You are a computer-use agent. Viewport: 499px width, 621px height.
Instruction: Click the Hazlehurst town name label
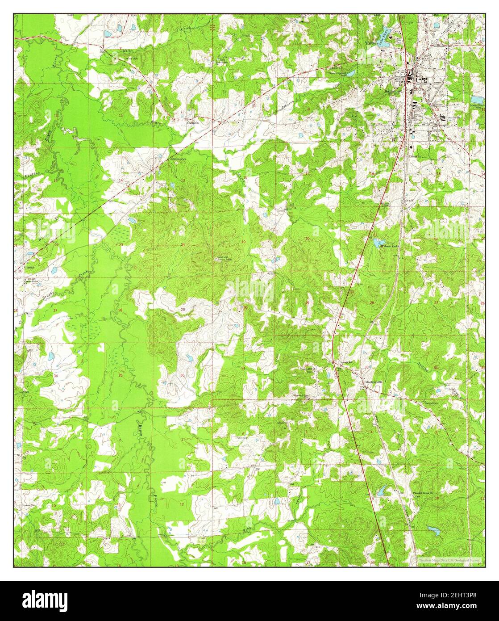coord(393,90)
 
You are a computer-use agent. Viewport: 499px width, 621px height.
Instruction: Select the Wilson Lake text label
coord(387,245)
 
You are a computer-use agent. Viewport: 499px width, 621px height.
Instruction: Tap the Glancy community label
coord(29,267)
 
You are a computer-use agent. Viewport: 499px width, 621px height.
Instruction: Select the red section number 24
coord(183,245)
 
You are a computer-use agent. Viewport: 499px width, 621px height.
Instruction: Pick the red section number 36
coord(183,375)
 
